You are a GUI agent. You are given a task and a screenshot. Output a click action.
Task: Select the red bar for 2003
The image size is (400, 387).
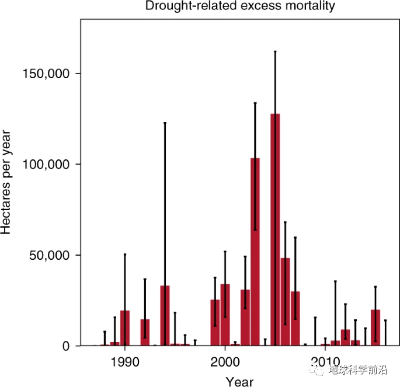(255, 252)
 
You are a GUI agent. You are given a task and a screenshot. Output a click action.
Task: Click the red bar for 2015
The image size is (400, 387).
(375, 327)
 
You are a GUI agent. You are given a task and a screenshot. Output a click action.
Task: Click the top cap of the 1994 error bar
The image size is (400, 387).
(165, 123)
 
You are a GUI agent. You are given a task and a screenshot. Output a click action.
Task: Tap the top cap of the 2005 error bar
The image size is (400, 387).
(275, 52)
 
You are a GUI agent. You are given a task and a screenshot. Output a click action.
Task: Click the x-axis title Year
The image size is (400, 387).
(239, 381)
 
